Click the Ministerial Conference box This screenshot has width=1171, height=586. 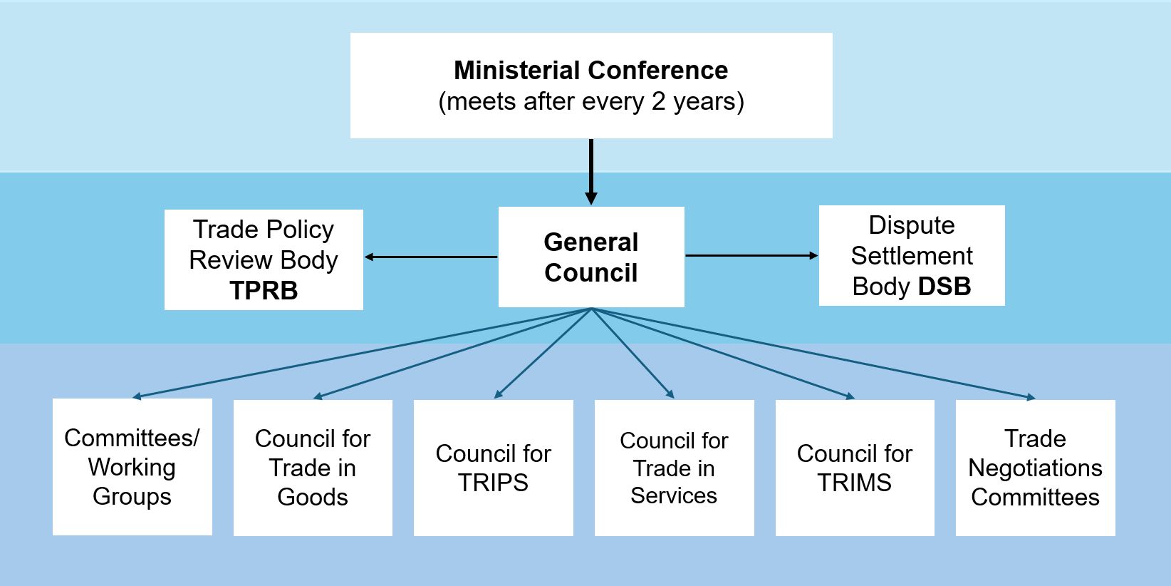[591, 86]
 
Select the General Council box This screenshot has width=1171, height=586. [591, 257]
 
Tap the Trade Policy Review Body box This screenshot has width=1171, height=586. [264, 259]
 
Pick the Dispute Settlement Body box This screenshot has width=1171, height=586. [912, 255]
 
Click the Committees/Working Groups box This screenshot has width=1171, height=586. [132, 467]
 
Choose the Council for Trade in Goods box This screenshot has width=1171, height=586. [313, 468]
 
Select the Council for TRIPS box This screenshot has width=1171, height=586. [494, 468]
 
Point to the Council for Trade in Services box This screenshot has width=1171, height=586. [674, 468]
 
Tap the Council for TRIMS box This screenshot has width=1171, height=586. [855, 468]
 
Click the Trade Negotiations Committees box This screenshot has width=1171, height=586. [1035, 468]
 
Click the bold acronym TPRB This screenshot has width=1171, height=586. [264, 291]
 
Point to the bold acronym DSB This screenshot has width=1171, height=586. [944, 287]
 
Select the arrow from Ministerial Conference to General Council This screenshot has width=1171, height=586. [591, 171]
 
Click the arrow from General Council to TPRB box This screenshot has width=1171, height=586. [431, 257]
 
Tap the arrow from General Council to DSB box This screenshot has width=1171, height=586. [751, 255]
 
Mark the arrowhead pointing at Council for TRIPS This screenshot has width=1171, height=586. [498, 394]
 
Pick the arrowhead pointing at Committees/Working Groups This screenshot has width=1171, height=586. [137, 396]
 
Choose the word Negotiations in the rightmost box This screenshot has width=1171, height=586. [1035, 468]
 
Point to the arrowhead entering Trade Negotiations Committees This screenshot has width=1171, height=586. [1031, 397]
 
